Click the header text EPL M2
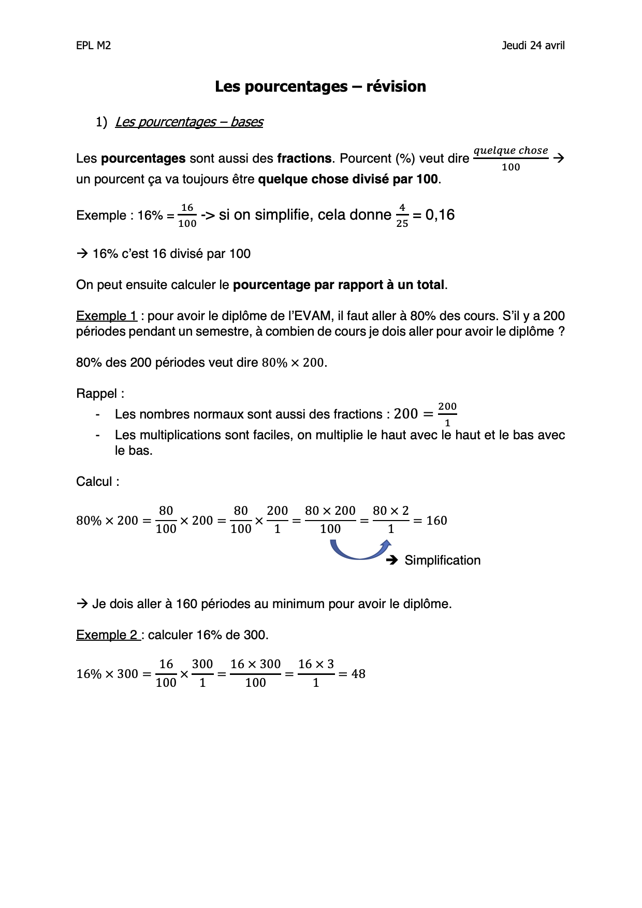point(93,46)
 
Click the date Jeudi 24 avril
point(533,46)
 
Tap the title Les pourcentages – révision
point(320,87)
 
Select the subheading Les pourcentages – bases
point(189,122)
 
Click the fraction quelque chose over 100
point(510,158)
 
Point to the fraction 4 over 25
point(402,215)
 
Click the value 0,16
point(440,215)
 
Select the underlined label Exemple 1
point(107,316)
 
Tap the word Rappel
point(97,394)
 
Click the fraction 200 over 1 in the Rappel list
point(447,414)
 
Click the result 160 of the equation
point(436,521)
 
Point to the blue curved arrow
point(360,551)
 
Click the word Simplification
point(442,560)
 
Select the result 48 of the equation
point(358,674)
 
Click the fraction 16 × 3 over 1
point(316,673)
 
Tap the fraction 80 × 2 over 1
point(391,520)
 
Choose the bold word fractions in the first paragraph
point(304,158)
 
